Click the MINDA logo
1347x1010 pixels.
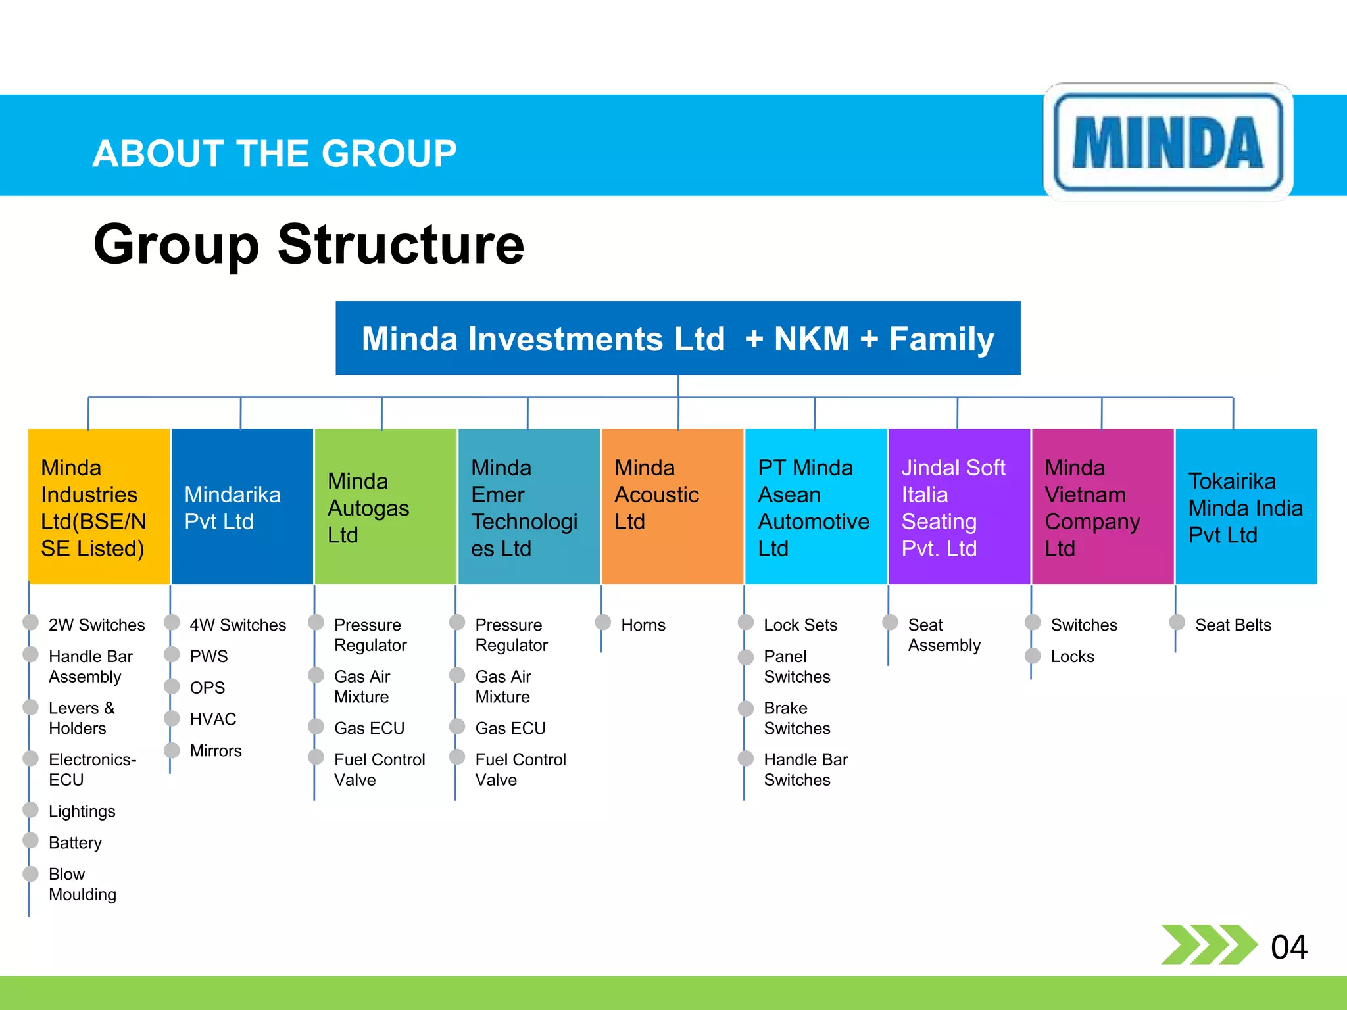(1168, 141)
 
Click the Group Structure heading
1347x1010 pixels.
(308, 244)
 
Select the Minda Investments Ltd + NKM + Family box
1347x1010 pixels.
(677, 339)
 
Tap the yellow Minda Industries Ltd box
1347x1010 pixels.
(99, 506)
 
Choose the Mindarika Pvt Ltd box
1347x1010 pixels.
(241, 506)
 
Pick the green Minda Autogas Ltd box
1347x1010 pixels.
(385, 506)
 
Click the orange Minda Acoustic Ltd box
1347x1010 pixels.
(672, 506)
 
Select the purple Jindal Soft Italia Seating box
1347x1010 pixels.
(959, 506)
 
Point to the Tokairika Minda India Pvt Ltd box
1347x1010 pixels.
(1246, 506)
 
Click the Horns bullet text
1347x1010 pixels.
(643, 625)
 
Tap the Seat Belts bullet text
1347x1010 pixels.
(1233, 625)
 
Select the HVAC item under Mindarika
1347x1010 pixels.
(212, 719)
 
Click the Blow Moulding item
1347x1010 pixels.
(82, 884)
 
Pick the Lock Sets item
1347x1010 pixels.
(800, 625)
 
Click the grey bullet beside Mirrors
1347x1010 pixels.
(172, 750)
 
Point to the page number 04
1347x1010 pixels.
(1288, 947)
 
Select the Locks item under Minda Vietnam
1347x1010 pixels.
(1072, 656)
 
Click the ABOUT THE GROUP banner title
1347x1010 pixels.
(274, 153)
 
